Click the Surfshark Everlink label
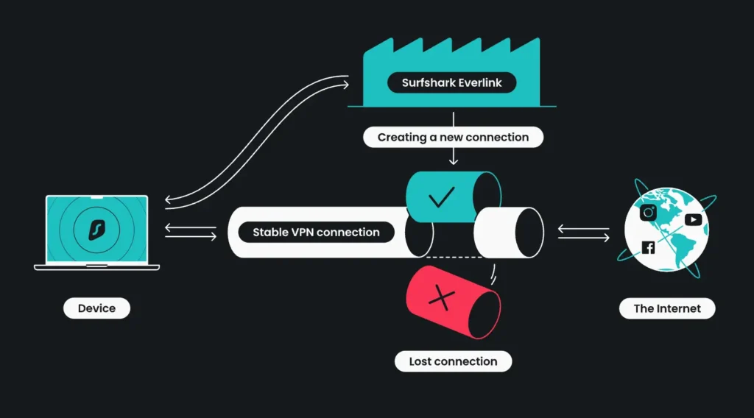[x=452, y=82]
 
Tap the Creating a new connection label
[x=453, y=137]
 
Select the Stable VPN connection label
[x=316, y=232]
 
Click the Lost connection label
[x=453, y=361]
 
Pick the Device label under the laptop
[x=96, y=308]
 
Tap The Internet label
[x=667, y=308]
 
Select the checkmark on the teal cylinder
[x=440, y=196]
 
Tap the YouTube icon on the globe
[x=693, y=219]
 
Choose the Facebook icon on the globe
[x=648, y=247]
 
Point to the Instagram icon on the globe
[x=649, y=213]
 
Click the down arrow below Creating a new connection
[x=453, y=156]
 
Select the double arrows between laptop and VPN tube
[x=191, y=232]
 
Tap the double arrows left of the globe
[x=583, y=233]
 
